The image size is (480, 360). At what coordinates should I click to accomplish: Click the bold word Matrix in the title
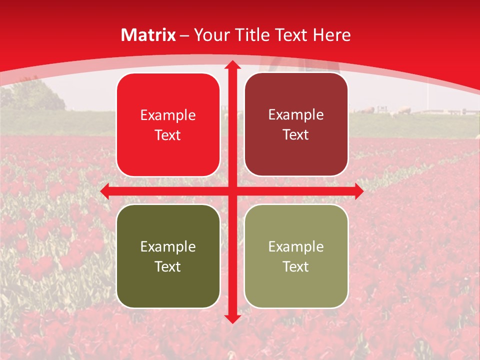point(148,35)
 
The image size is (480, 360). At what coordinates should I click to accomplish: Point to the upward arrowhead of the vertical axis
point(232,65)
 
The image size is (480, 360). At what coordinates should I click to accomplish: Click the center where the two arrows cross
point(232,191)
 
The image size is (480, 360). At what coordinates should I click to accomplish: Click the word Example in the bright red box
point(168,115)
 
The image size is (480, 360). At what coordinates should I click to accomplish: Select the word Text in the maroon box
point(296,135)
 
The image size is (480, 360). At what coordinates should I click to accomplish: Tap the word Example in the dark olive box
point(168,247)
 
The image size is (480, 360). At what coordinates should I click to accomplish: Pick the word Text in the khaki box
point(296,266)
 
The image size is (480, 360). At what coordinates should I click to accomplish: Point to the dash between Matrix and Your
point(184,35)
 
